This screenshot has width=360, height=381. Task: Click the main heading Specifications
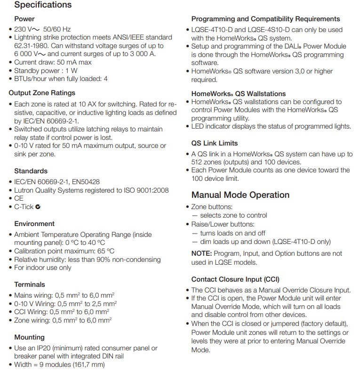click(43, 6)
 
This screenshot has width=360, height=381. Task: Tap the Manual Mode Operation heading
click(240, 195)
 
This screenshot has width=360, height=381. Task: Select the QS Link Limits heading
click(214, 143)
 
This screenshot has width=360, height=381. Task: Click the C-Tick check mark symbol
click(38, 207)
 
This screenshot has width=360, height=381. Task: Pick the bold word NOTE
click(201, 253)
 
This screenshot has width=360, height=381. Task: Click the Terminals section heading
click(30, 284)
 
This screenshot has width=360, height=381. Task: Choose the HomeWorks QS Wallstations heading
click(238, 94)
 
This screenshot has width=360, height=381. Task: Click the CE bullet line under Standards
click(19, 198)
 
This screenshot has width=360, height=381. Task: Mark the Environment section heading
click(34, 224)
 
